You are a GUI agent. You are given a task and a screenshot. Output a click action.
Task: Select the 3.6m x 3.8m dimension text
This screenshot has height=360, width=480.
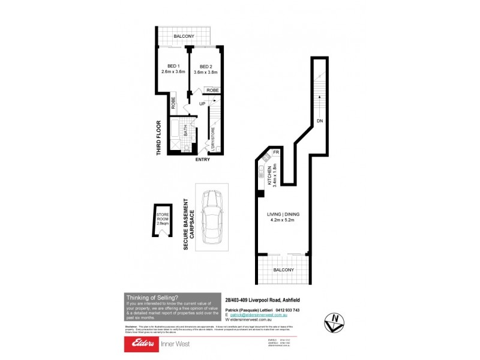click(x=206, y=73)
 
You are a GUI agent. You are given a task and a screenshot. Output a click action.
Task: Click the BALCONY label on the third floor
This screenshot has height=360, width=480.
click(x=184, y=37)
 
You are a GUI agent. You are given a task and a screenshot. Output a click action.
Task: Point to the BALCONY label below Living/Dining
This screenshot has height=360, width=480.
click(x=284, y=271)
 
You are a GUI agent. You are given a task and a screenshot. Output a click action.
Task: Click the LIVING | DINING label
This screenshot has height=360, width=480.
click(x=284, y=215)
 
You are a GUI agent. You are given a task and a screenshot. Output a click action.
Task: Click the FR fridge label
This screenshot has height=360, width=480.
click(x=276, y=153)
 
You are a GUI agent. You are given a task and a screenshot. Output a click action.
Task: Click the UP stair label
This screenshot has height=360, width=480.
click(x=202, y=104)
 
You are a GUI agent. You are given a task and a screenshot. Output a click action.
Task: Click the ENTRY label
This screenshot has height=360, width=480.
click(x=203, y=160)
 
